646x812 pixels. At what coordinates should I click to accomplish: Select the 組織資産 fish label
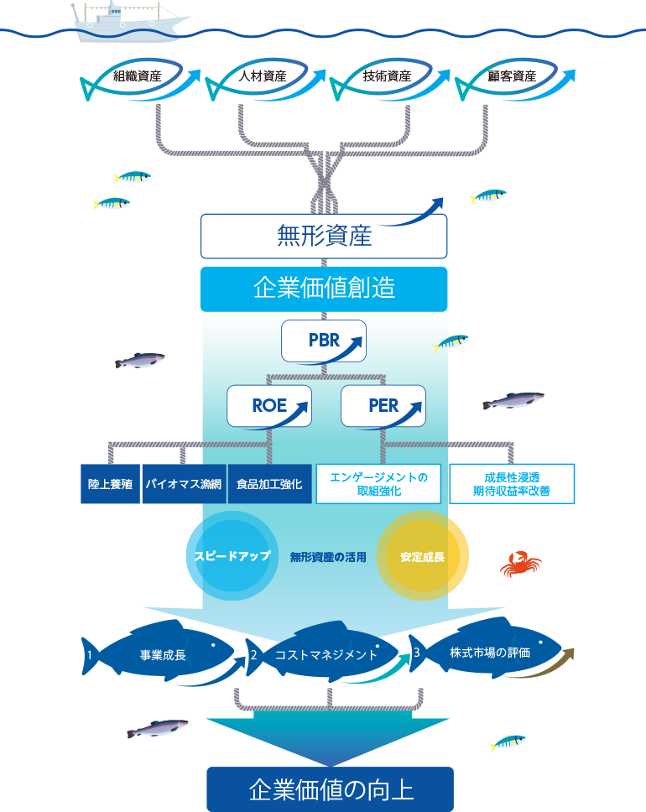tap(138, 76)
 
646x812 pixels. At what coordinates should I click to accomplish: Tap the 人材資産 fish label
tap(263, 76)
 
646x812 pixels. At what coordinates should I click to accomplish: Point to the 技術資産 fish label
tap(387, 76)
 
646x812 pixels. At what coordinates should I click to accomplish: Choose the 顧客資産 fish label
tap(512, 76)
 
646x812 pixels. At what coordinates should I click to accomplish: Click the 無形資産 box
tap(324, 237)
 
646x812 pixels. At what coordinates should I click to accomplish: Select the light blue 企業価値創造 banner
tap(324, 289)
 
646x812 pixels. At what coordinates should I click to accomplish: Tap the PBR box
tap(324, 341)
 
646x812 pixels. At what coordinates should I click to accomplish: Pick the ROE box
tap(269, 406)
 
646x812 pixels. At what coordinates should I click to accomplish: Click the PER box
tap(383, 406)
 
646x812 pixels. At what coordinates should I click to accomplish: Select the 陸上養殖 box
tap(111, 484)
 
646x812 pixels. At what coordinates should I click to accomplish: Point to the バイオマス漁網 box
tap(184, 484)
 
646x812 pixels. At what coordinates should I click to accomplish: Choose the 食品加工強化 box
tap(270, 484)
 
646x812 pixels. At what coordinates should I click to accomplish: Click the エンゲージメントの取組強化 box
tap(378, 484)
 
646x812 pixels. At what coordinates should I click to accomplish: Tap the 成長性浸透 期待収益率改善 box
tap(512, 484)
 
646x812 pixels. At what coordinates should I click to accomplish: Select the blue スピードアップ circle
tap(232, 556)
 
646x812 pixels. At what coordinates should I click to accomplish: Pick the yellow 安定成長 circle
tap(422, 556)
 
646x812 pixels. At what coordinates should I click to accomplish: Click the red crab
tap(521, 564)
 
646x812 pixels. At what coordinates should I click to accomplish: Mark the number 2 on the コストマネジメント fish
tap(254, 654)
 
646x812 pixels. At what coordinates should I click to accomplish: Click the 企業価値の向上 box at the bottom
tap(330, 789)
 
